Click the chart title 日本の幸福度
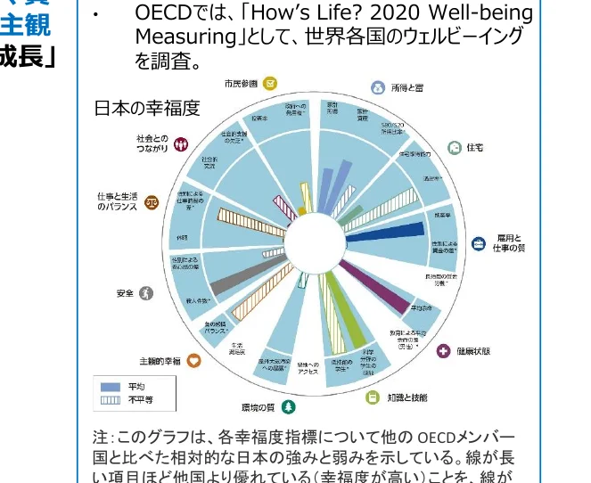(x=147, y=109)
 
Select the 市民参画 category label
(x=241, y=83)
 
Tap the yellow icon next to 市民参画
(x=270, y=83)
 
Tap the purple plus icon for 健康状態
(x=443, y=351)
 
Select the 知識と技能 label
(x=406, y=397)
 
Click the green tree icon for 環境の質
(x=288, y=407)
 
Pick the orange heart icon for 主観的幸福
(x=194, y=361)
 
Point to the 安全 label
(x=125, y=292)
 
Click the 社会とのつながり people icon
(x=181, y=143)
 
